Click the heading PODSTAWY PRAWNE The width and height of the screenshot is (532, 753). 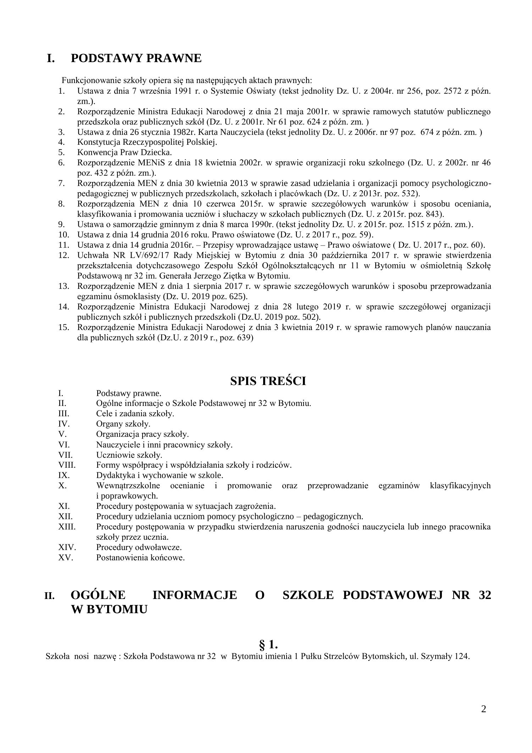point(136,58)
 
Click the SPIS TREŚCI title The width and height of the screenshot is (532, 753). point(268,381)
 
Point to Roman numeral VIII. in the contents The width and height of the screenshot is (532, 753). point(67,465)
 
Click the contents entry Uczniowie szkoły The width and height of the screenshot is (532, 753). point(129,455)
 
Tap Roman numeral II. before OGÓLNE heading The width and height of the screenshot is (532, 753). point(49,596)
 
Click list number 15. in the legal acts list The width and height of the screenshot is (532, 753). point(63,327)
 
